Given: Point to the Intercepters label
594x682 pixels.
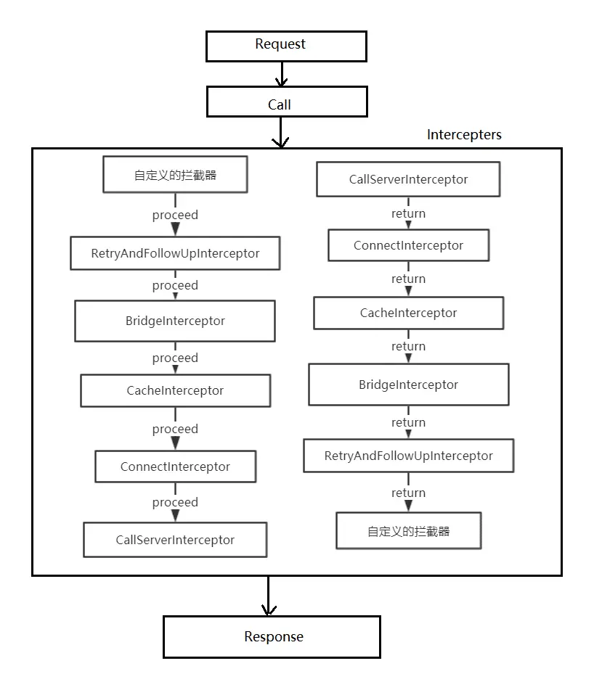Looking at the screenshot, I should [x=464, y=135].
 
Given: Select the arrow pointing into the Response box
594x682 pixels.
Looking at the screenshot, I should [x=269, y=596].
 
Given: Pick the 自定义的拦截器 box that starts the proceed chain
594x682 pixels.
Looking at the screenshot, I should [x=175, y=175].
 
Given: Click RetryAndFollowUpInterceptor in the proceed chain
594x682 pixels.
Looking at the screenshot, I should [x=175, y=253].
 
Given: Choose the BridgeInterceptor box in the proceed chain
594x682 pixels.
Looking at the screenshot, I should [x=175, y=321].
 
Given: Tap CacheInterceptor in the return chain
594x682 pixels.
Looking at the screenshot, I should [x=408, y=313].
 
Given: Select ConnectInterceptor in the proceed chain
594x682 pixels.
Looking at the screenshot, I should [x=175, y=467].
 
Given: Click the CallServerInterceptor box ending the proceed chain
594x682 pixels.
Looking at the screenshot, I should [x=175, y=540].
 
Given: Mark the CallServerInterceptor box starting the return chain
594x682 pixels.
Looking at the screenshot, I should [x=408, y=179].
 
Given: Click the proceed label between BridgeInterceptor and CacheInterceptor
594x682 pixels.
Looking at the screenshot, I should [x=175, y=358].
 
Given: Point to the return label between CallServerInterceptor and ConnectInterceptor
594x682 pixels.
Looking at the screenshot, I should [x=408, y=213].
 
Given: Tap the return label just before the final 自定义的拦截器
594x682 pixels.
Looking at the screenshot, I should [x=408, y=493].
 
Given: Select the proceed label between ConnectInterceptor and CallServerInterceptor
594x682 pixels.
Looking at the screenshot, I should [x=175, y=502].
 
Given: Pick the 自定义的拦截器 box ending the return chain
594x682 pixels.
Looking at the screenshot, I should [x=408, y=531].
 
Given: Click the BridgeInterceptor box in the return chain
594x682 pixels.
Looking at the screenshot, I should [x=408, y=385].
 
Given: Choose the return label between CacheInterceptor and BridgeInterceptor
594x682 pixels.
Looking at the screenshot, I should [x=408, y=346].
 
